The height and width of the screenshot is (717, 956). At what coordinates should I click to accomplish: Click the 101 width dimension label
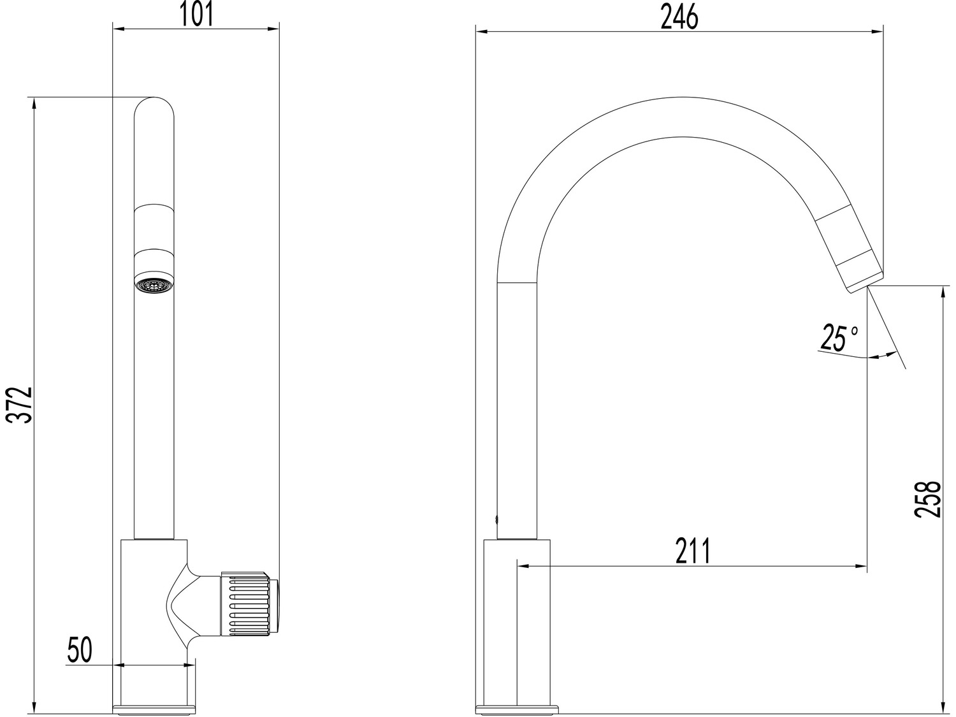click(196, 15)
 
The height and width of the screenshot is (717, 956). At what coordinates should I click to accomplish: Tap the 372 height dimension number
click(19, 405)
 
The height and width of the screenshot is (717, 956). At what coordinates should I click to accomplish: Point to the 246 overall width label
click(679, 17)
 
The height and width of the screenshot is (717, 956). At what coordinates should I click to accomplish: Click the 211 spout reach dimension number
click(693, 550)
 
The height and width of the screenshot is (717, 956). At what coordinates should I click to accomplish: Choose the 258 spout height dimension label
click(928, 499)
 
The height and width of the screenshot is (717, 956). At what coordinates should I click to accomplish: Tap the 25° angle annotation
click(838, 338)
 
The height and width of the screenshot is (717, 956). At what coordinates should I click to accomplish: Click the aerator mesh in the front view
click(155, 285)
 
